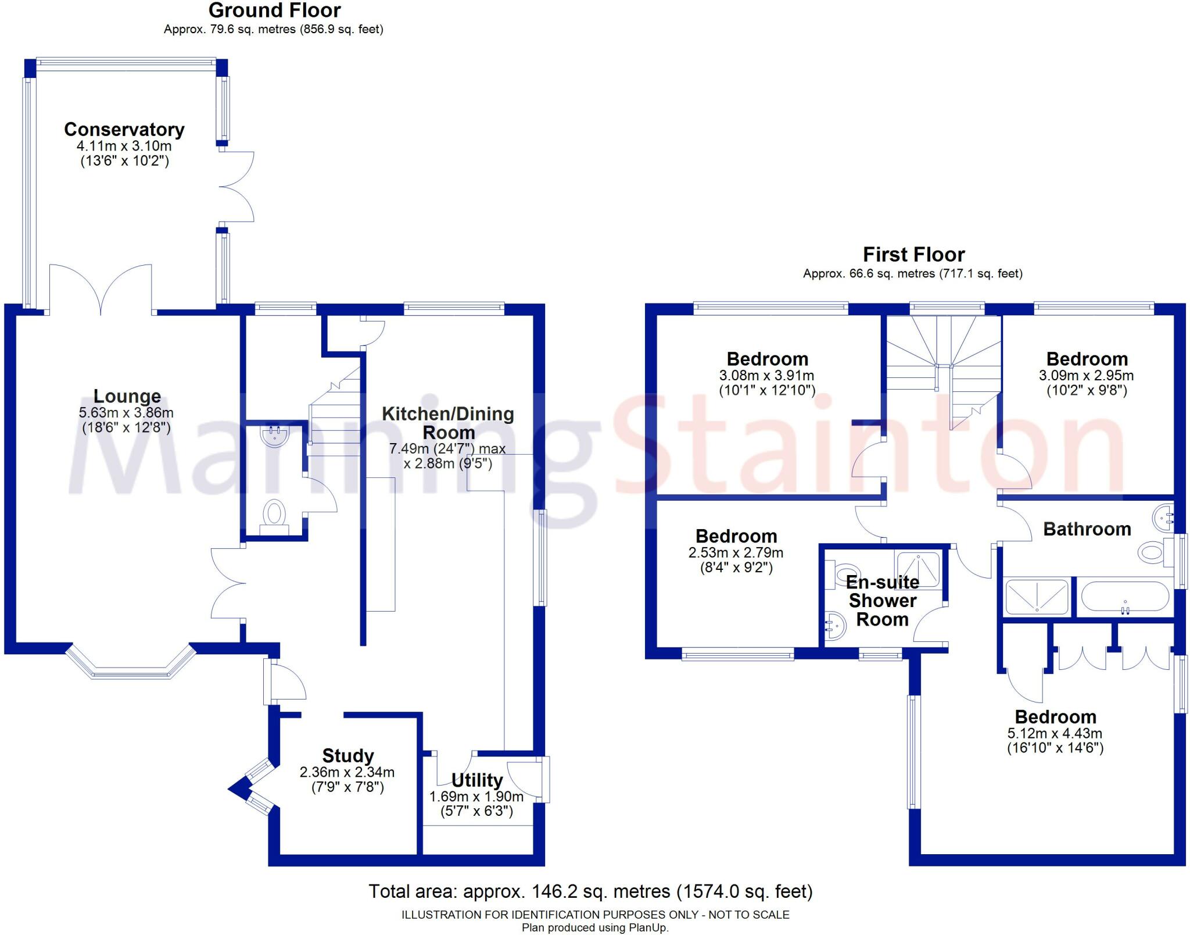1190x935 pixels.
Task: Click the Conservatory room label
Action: point(124,129)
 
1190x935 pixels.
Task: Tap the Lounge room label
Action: point(127,396)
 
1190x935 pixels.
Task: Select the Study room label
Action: point(348,755)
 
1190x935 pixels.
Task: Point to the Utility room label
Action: point(477,780)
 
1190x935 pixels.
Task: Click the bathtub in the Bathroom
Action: point(1125,597)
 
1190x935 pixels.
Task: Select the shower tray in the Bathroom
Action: point(1037,597)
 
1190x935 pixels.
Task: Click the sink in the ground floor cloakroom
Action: point(275,436)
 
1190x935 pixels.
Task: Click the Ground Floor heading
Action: point(274,10)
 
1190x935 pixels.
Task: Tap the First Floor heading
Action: point(913,254)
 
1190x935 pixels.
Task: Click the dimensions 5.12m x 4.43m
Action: point(1055,733)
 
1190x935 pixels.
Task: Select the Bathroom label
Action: point(1087,529)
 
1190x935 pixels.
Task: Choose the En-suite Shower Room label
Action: point(883,600)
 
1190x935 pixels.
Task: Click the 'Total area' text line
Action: point(590,891)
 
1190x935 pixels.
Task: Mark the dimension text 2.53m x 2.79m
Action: point(736,552)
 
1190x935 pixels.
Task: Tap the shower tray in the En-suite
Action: point(917,569)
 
